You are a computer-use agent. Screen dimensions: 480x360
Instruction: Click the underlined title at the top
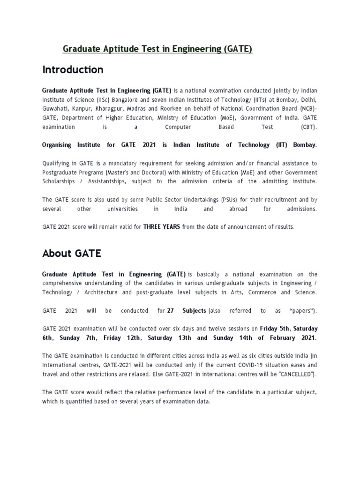(157, 49)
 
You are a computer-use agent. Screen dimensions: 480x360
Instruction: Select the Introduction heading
(73, 70)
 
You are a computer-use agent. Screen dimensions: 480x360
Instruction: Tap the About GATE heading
(72, 254)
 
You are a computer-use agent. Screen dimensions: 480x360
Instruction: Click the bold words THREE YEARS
(162, 226)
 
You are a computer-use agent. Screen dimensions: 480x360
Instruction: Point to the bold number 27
(171, 310)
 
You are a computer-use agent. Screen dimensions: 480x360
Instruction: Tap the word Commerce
(263, 292)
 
